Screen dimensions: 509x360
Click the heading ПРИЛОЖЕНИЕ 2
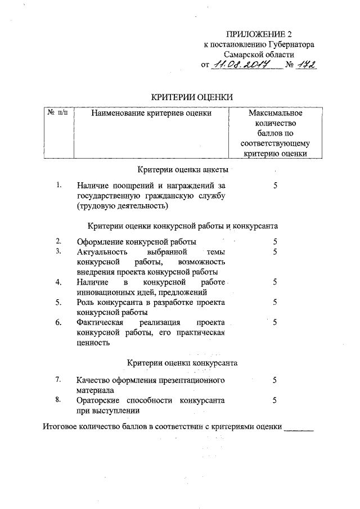tap(259, 34)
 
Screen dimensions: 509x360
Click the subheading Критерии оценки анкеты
tap(183, 169)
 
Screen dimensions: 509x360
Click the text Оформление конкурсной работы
tap(137, 242)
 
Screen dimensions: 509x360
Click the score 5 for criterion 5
tap(275, 302)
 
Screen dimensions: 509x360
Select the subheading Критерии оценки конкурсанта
tap(183, 363)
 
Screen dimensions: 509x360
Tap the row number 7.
tap(58, 380)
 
